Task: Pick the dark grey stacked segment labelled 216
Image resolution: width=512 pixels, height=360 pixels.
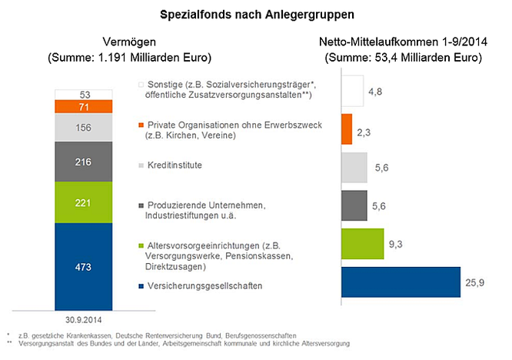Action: pyautogui.click(x=85, y=163)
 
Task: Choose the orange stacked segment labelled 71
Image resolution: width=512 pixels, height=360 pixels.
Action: pyautogui.click(x=85, y=106)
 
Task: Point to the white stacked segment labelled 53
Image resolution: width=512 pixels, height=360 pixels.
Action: pyautogui.click(x=85, y=94)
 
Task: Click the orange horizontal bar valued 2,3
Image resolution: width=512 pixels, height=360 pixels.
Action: pyautogui.click(x=346, y=129)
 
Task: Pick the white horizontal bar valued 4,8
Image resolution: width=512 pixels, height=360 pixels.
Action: pyautogui.click(x=351, y=91)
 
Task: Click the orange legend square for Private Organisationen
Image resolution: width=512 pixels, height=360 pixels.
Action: pyautogui.click(x=139, y=124)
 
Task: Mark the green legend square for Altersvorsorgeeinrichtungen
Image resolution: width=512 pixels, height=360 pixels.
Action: pyautogui.click(x=139, y=244)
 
